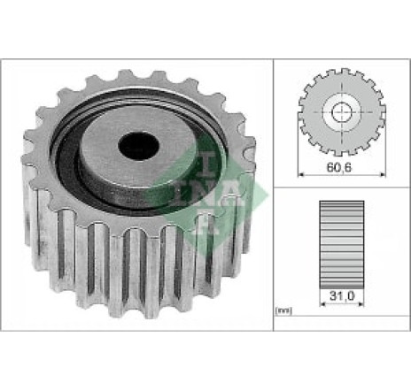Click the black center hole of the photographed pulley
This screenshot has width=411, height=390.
(x=138, y=146)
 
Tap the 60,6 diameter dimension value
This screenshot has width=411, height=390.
(x=339, y=167)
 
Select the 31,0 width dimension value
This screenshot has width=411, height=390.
(x=342, y=295)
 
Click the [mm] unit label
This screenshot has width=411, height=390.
(x=283, y=310)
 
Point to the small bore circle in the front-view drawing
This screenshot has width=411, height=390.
(x=342, y=112)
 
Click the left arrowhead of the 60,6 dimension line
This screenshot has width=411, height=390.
(x=301, y=175)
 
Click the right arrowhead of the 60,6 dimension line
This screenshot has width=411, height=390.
(x=383, y=175)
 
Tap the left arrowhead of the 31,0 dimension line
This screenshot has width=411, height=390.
(x=322, y=303)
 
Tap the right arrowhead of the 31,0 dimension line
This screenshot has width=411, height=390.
(x=361, y=303)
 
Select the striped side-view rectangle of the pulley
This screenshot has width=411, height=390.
(x=342, y=245)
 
